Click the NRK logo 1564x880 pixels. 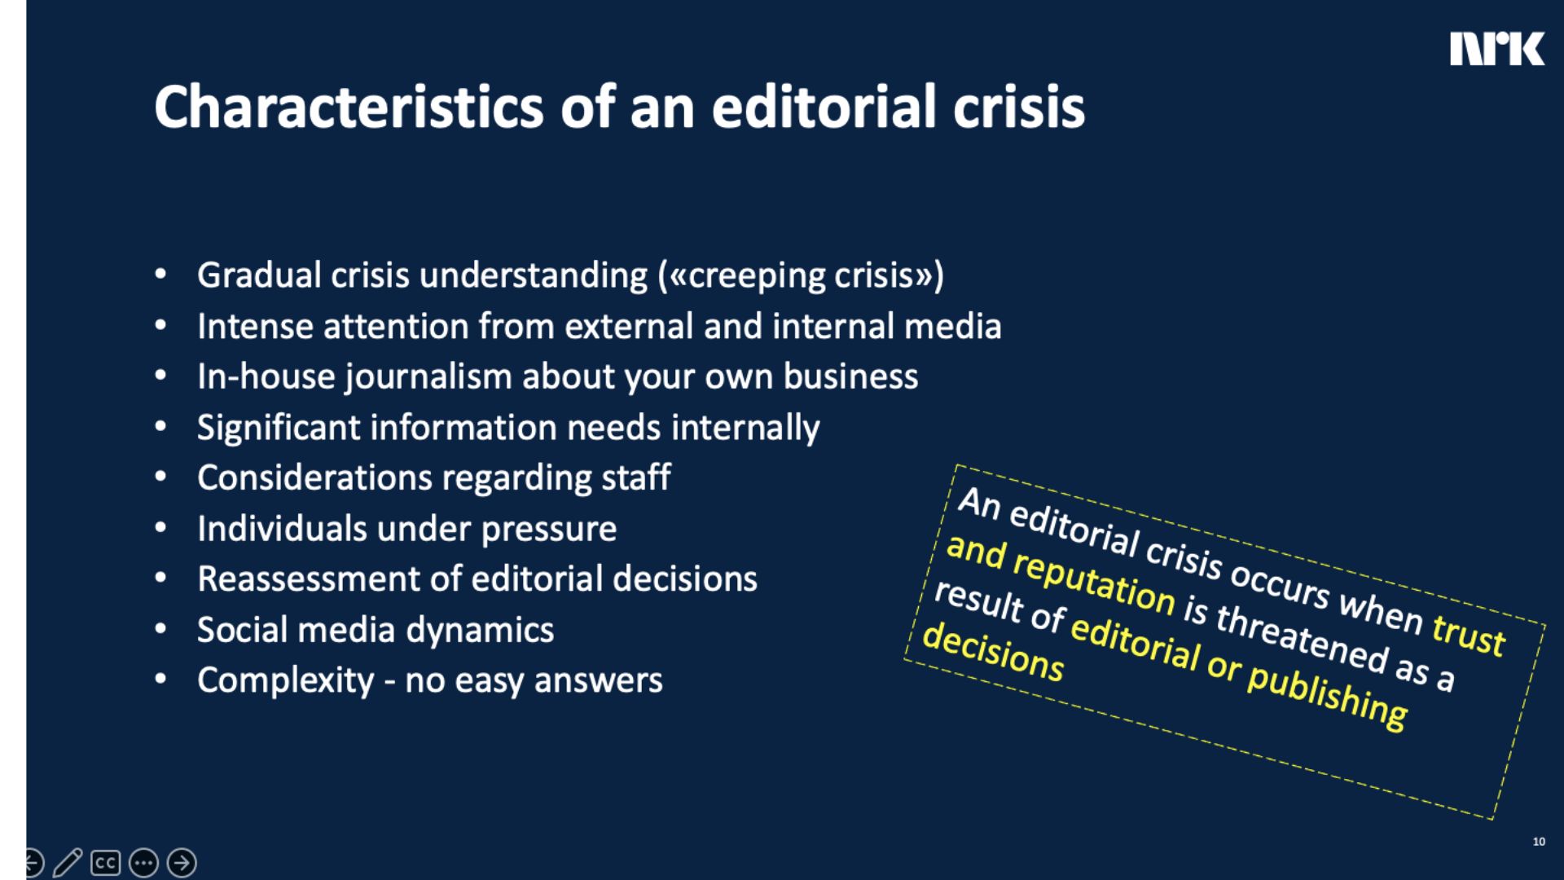pos(1496,49)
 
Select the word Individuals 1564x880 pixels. pos(282,529)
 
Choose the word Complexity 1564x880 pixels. pos(285,680)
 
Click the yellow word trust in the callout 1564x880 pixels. pos(1469,635)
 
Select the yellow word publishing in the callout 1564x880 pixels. pos(1327,697)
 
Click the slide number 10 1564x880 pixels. pos(1539,842)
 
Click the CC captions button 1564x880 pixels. pos(106,863)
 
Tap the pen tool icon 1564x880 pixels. pos(68,863)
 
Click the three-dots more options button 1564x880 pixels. pos(144,863)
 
